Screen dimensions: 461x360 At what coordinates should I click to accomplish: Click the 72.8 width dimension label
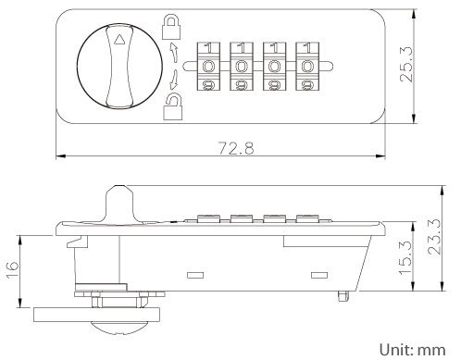(236, 148)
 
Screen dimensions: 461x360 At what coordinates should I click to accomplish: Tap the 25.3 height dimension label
(406, 64)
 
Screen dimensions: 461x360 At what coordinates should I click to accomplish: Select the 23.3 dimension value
(434, 236)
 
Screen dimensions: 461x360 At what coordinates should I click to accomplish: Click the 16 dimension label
(13, 270)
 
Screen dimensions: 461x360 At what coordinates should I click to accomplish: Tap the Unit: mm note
(412, 350)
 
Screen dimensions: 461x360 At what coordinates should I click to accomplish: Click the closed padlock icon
(171, 27)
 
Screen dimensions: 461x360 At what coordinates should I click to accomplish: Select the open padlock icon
(173, 106)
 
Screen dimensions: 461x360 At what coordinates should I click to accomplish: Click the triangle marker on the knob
(118, 40)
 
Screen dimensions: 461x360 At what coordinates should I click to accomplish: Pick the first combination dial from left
(208, 67)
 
